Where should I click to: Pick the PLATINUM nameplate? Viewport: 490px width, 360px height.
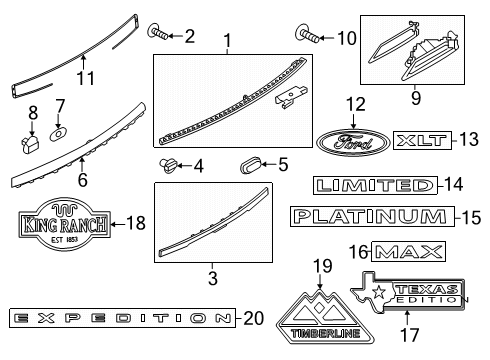(369, 216)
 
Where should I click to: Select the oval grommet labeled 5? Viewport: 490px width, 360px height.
(251, 164)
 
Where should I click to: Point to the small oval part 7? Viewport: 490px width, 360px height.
(58, 132)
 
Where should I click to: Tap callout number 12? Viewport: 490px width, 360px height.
(357, 104)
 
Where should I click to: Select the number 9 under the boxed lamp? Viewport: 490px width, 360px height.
(417, 99)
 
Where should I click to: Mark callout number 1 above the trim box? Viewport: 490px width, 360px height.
(227, 42)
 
